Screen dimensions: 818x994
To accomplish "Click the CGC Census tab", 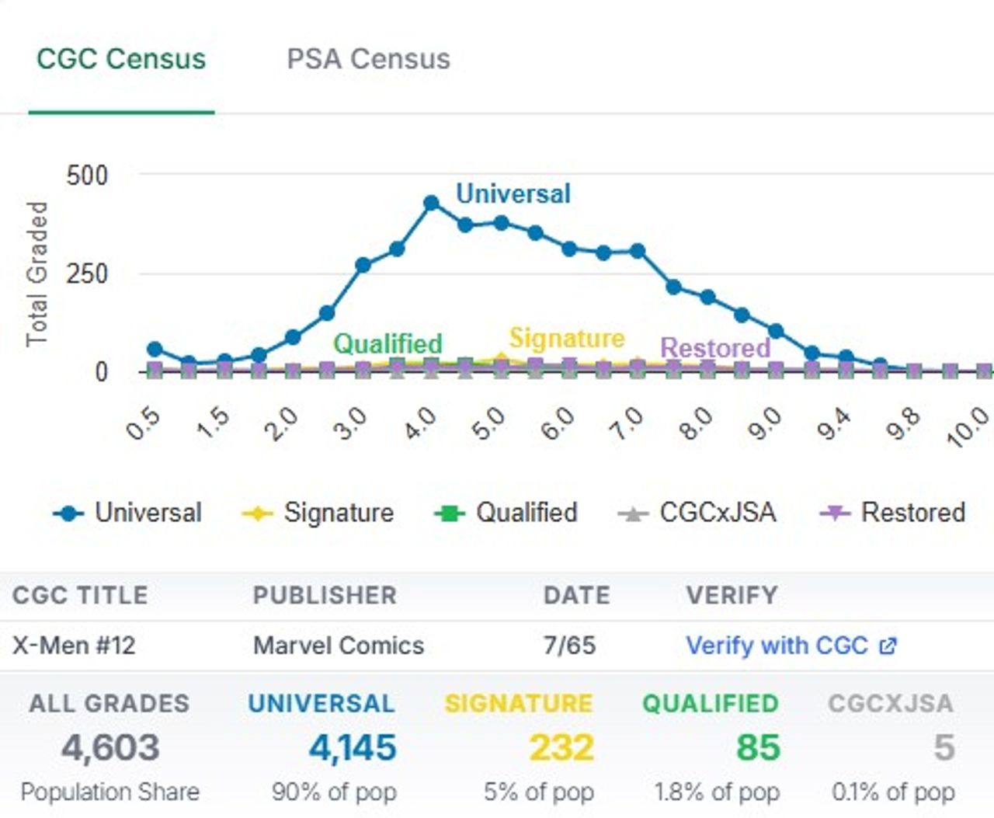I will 121,59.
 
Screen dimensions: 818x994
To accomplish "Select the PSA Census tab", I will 368,59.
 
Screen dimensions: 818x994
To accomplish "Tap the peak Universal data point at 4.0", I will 432,204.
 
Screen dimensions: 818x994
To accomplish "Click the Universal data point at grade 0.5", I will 155,350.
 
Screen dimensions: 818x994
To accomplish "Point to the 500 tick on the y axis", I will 87,176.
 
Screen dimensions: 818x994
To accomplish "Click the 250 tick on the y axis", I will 87,273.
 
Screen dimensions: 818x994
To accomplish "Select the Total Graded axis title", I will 36,273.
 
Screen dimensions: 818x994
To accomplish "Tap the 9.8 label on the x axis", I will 902,424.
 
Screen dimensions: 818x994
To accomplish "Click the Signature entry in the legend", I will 318,513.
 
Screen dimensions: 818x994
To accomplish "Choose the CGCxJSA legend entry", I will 697,513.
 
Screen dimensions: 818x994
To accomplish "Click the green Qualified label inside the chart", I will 388,343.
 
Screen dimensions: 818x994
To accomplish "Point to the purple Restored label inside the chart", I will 715,348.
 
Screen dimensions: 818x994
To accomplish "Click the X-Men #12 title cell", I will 74,646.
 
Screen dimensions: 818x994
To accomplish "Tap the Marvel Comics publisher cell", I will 339,646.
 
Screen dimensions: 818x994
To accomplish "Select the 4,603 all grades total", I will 110,748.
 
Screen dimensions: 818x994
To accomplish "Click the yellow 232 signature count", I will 561,748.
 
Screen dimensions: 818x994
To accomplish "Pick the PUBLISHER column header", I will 325,595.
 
